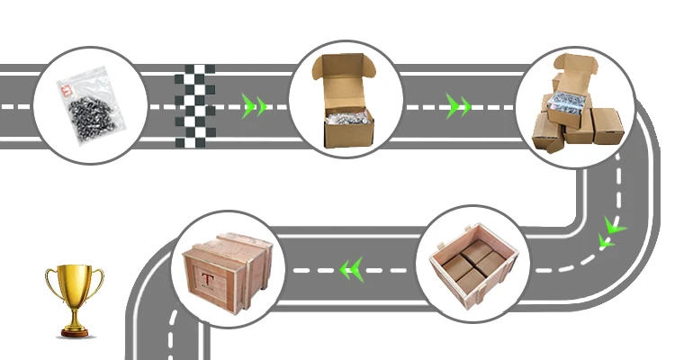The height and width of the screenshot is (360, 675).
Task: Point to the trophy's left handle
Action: [52, 282]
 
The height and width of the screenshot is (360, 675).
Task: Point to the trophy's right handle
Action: [97, 282]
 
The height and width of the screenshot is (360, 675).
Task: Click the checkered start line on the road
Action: [195, 105]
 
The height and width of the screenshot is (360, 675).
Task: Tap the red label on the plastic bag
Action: [64, 89]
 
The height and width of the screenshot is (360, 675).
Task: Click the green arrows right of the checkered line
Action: [255, 107]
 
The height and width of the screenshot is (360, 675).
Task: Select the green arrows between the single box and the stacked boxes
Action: [459, 107]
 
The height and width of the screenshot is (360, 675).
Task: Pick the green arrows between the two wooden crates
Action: [349, 267]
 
